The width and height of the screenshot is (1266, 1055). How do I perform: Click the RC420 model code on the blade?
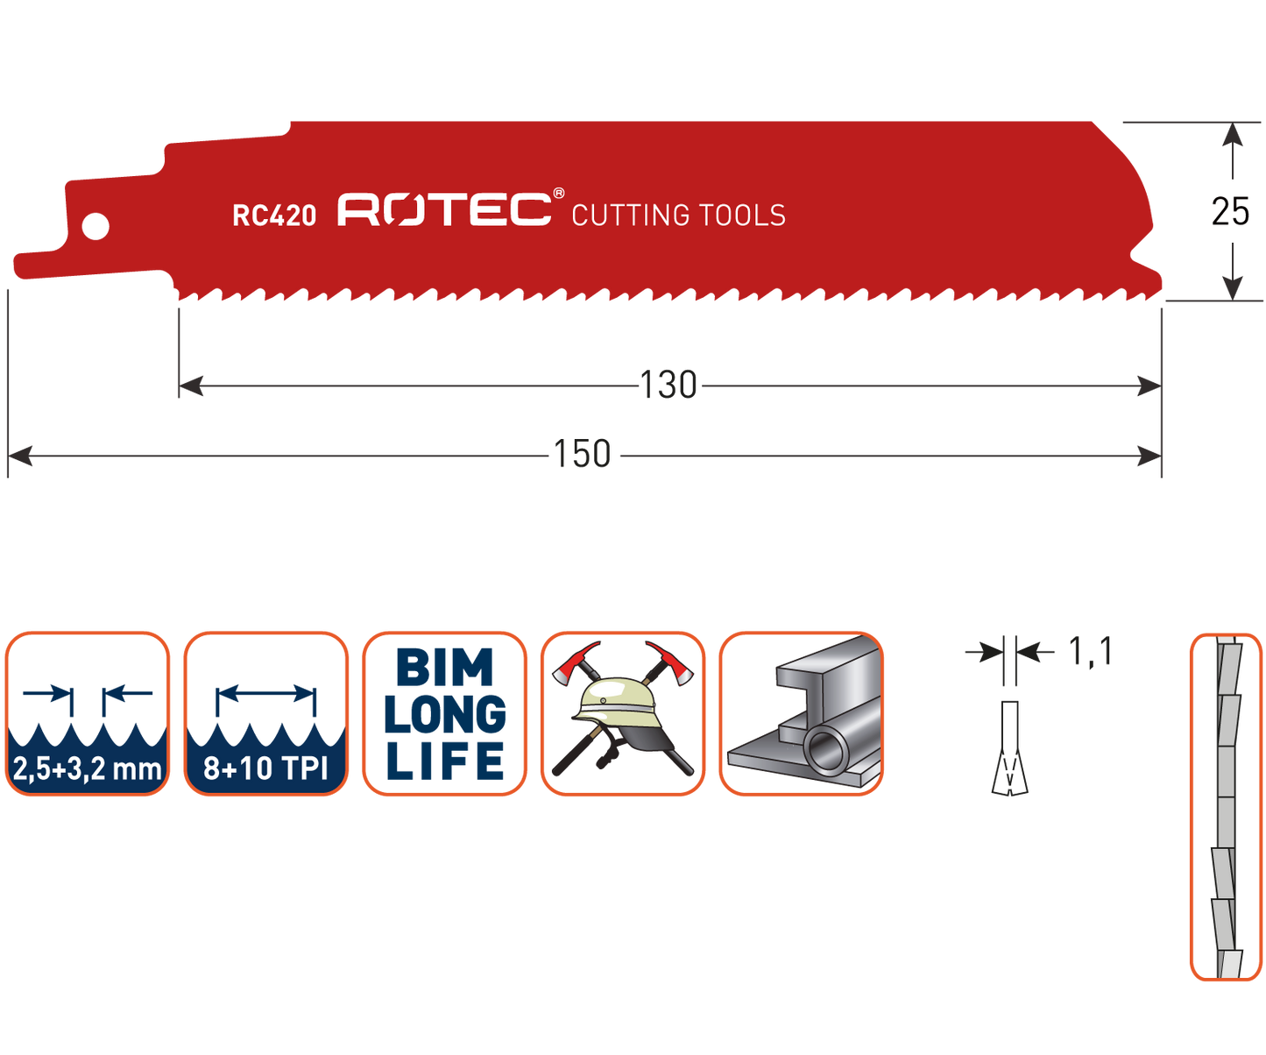click(274, 215)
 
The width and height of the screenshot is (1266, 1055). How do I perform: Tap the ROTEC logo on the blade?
click(444, 210)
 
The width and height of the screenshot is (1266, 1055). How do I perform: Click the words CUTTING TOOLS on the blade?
click(678, 216)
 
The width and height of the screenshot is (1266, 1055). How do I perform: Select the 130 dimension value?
click(668, 386)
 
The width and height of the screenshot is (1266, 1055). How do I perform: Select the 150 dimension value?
click(582, 455)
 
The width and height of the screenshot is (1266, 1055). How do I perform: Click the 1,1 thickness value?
click(1090, 652)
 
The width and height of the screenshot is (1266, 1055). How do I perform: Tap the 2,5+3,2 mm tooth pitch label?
click(88, 768)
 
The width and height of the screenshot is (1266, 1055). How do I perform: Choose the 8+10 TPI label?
click(265, 768)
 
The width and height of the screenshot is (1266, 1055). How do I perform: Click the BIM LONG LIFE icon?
click(445, 714)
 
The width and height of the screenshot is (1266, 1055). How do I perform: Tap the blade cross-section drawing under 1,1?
click(1010, 749)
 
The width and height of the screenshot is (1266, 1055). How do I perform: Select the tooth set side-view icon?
click(1226, 806)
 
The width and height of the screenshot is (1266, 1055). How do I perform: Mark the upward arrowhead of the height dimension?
click(1233, 136)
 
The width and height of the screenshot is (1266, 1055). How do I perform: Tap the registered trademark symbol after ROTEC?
click(558, 194)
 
